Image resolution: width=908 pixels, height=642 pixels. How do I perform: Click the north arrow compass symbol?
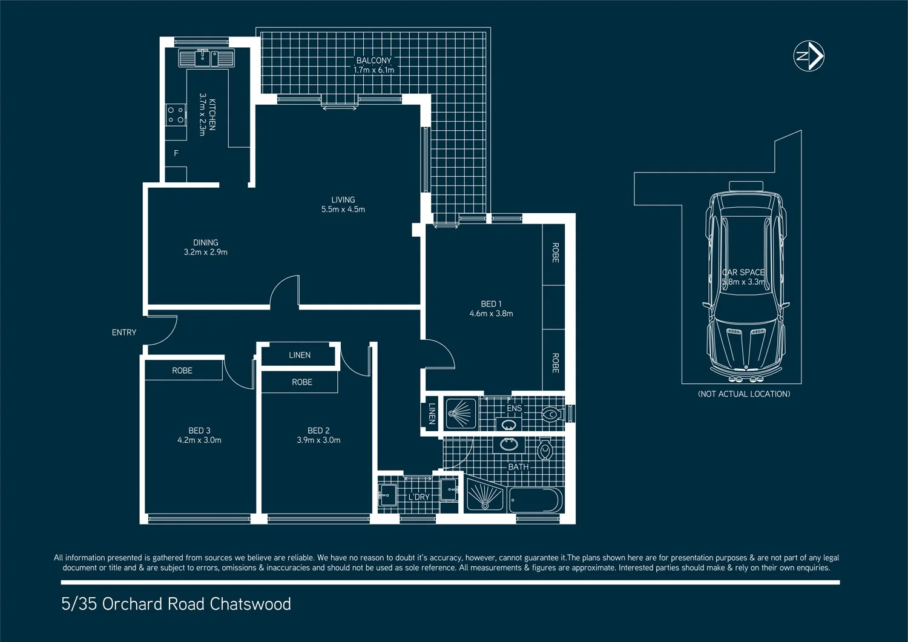point(809,56)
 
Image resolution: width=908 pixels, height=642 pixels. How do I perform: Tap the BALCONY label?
point(373,61)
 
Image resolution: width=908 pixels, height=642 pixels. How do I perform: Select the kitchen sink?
point(206,58)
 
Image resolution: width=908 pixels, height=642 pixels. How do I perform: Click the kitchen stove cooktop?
point(176,114)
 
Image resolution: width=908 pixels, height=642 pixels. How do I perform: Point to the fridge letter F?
point(176,153)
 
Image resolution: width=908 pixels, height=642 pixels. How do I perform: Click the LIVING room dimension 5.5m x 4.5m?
point(343,210)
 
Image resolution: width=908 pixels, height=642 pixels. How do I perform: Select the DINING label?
point(205,242)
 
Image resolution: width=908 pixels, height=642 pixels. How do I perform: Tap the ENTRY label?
point(124,333)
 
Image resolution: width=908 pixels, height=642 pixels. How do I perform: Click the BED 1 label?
point(491,304)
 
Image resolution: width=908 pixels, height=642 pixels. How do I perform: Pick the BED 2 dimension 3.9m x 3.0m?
point(318,440)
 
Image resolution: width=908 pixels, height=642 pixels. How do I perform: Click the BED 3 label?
point(199,431)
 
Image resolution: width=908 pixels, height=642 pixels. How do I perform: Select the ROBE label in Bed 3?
point(182,371)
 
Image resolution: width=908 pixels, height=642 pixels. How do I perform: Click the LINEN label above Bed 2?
point(300,355)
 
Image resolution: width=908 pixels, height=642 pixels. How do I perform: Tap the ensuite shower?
point(461,414)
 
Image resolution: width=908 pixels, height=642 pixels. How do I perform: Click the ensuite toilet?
point(551,415)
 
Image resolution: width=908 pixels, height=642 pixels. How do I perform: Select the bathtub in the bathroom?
point(536,500)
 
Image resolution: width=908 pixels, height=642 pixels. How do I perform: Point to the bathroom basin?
point(509,445)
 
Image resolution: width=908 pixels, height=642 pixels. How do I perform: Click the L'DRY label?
point(418,497)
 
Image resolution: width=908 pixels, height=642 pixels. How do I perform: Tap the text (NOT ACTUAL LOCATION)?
point(744,394)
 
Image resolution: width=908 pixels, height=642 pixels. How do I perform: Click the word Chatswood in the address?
point(251,604)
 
